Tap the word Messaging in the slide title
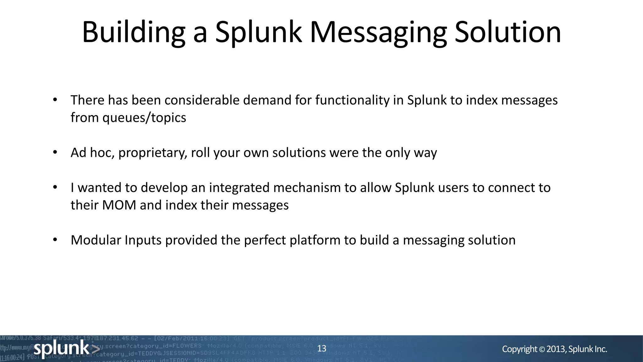point(378,32)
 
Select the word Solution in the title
point(508,32)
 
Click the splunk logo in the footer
point(66,348)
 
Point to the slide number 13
point(322,348)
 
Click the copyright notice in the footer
point(554,349)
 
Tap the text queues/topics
point(144,118)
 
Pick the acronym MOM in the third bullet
point(119,205)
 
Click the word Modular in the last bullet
point(96,240)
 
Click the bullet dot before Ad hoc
point(55,152)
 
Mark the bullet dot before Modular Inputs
point(55,240)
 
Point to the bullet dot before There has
point(55,100)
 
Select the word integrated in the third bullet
point(239,188)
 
